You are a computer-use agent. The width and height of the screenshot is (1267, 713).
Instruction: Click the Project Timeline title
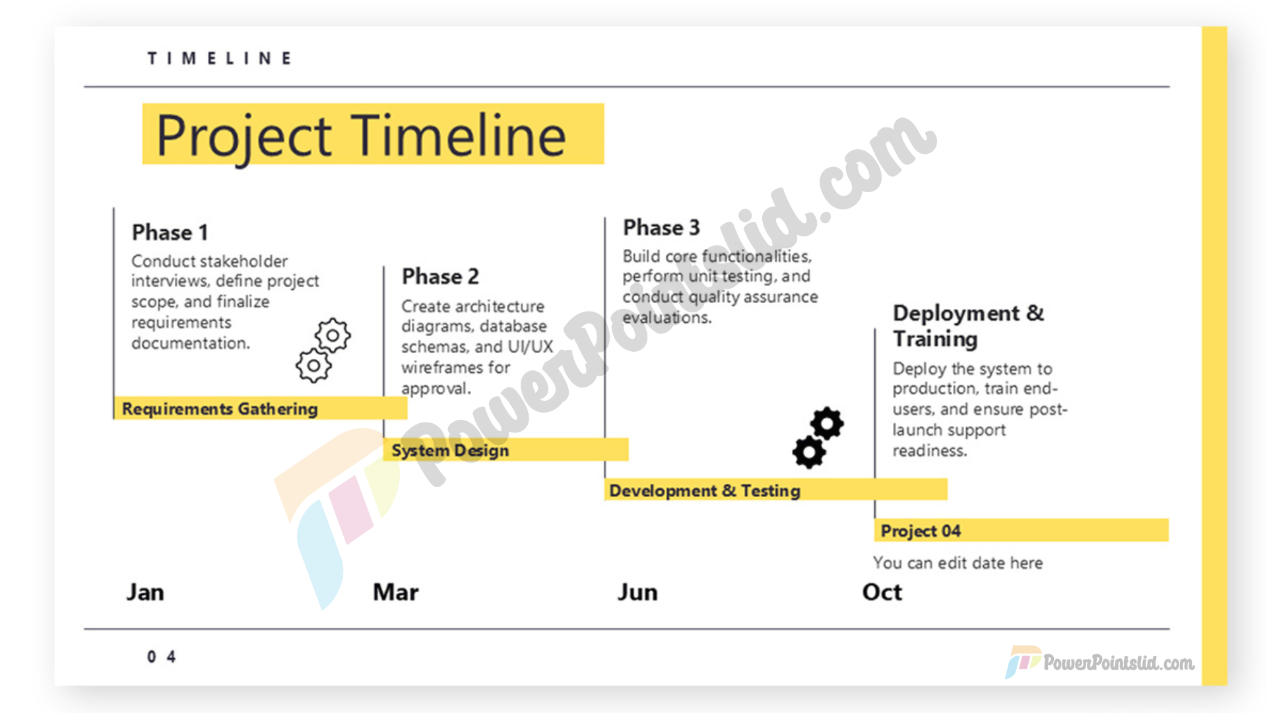361,135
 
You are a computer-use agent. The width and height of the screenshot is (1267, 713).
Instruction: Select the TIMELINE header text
219,58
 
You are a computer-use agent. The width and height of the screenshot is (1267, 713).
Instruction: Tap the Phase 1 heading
170,232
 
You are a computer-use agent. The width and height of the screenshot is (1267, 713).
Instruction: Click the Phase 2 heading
440,276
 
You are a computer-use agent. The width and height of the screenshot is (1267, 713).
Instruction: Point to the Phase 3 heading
661,227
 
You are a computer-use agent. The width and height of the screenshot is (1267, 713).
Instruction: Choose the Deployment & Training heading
968,325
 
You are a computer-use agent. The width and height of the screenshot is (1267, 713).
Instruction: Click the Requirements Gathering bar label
220,409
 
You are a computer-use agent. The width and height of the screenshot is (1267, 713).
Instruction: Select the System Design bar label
450,450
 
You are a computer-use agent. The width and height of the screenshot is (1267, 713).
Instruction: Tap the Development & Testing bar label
705,491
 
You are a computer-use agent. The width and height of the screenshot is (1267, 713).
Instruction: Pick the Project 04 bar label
921,531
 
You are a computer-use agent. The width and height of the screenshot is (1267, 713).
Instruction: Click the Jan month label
145,592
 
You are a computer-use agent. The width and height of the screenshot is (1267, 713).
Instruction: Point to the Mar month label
395,592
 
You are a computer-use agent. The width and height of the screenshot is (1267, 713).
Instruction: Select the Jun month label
637,592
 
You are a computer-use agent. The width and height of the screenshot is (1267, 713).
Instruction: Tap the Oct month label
882,592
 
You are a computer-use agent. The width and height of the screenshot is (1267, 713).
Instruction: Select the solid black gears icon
818,438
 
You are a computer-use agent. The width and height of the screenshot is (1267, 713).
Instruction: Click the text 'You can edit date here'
958,563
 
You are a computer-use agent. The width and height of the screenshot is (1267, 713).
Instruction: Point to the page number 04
161,657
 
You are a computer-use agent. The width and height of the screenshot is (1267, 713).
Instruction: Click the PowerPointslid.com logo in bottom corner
1099,662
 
